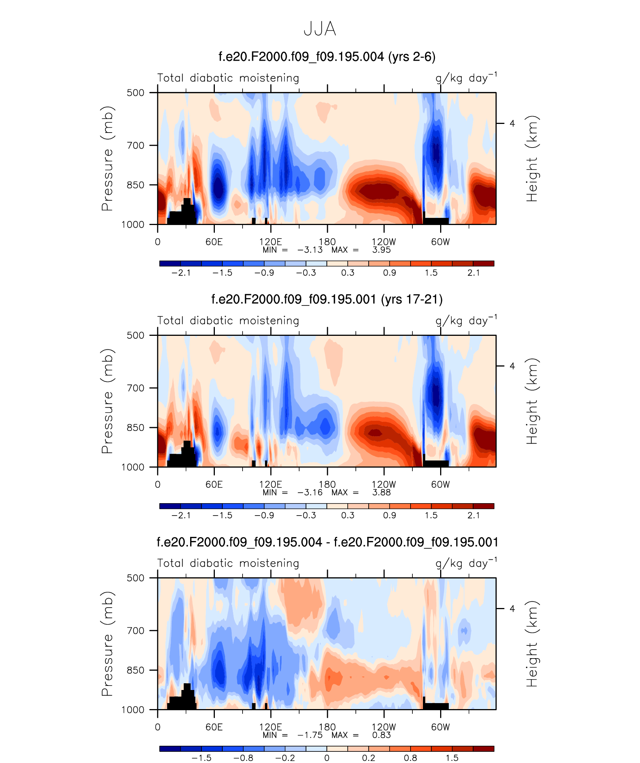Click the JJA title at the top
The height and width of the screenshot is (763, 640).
click(x=320, y=29)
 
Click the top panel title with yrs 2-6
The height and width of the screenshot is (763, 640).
click(x=327, y=57)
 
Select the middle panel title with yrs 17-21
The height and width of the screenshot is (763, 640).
click(x=327, y=300)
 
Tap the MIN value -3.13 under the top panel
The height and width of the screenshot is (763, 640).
click(x=310, y=250)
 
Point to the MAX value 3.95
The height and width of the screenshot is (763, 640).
click(x=381, y=250)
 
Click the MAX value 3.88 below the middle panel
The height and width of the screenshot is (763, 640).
click(x=381, y=493)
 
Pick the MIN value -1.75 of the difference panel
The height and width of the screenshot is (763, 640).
click(x=310, y=735)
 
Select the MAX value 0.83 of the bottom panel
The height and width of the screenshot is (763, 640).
click(x=381, y=735)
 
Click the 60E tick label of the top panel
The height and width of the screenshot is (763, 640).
click(x=214, y=242)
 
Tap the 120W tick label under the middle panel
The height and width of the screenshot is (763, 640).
click(x=384, y=484)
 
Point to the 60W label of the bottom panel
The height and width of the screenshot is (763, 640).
click(x=440, y=727)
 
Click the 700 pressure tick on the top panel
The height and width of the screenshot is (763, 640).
click(x=135, y=145)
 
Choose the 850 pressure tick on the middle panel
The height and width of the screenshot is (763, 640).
click(x=135, y=428)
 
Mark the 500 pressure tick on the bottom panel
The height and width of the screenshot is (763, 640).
click(x=135, y=578)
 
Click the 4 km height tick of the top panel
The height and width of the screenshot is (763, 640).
click(x=512, y=124)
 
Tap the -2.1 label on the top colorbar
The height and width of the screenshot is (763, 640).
click(x=181, y=273)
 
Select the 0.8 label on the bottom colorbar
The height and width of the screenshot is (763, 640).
click(x=410, y=758)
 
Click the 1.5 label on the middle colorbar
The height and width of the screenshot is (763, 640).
click(x=431, y=516)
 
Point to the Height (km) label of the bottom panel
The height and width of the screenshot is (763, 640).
click(x=531, y=644)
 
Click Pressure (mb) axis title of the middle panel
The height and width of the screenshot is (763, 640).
click(x=107, y=401)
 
